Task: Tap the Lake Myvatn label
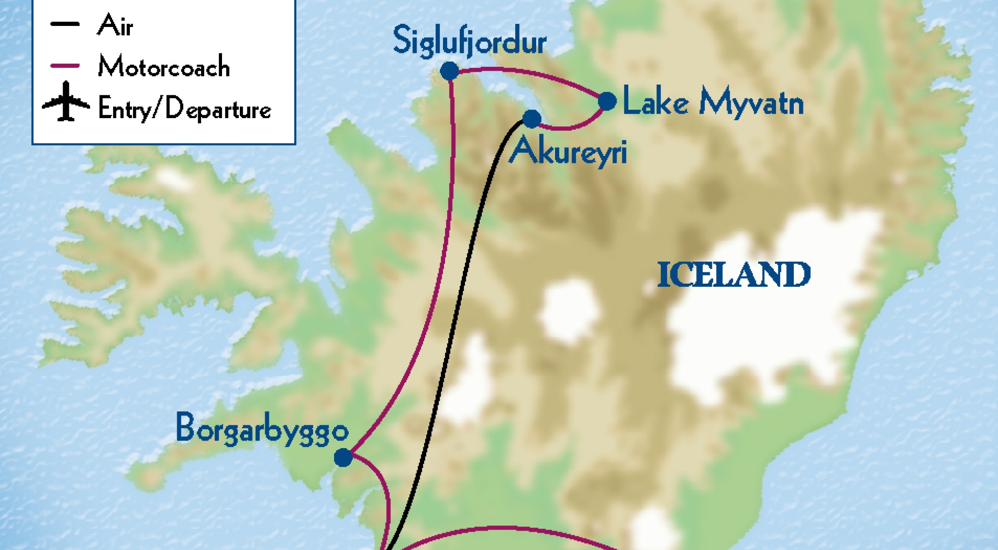click(713, 102)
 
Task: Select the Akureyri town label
click(568, 151)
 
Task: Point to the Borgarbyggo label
click(262, 429)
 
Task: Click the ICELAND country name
click(734, 275)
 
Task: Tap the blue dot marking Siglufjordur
click(449, 71)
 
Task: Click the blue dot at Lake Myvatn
click(606, 101)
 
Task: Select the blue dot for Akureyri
click(532, 119)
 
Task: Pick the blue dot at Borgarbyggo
click(343, 457)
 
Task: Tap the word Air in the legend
click(115, 25)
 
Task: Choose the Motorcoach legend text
click(163, 67)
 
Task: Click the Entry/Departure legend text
click(184, 108)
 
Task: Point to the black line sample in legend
click(65, 24)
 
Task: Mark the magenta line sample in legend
click(65, 66)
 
